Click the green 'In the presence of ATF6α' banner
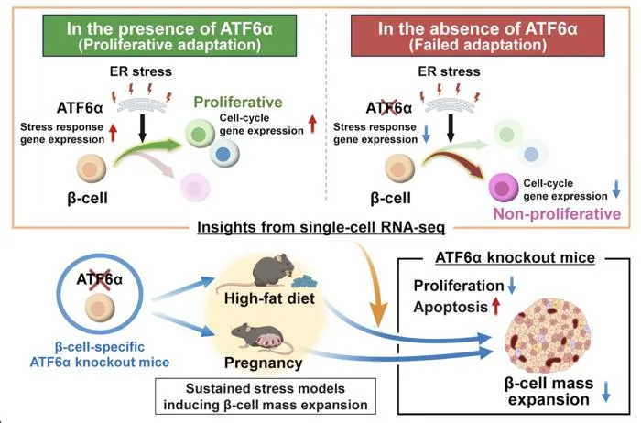(x=169, y=36)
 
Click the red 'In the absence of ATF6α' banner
(x=477, y=36)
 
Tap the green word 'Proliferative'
(x=238, y=102)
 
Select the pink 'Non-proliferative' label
(x=557, y=213)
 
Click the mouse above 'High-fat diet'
(x=272, y=270)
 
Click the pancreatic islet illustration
(x=548, y=335)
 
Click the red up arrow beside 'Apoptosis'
(x=496, y=307)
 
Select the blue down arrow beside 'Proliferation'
(x=511, y=286)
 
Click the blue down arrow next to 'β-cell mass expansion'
(x=606, y=392)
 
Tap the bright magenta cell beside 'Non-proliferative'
(x=504, y=188)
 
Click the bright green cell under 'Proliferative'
(x=200, y=134)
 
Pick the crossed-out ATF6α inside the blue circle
(x=99, y=279)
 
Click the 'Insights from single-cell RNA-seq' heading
(x=320, y=227)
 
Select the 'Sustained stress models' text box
(x=266, y=396)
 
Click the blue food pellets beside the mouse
(x=305, y=282)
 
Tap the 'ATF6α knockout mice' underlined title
(x=515, y=258)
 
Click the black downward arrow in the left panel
(x=142, y=128)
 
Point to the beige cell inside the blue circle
(x=100, y=309)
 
